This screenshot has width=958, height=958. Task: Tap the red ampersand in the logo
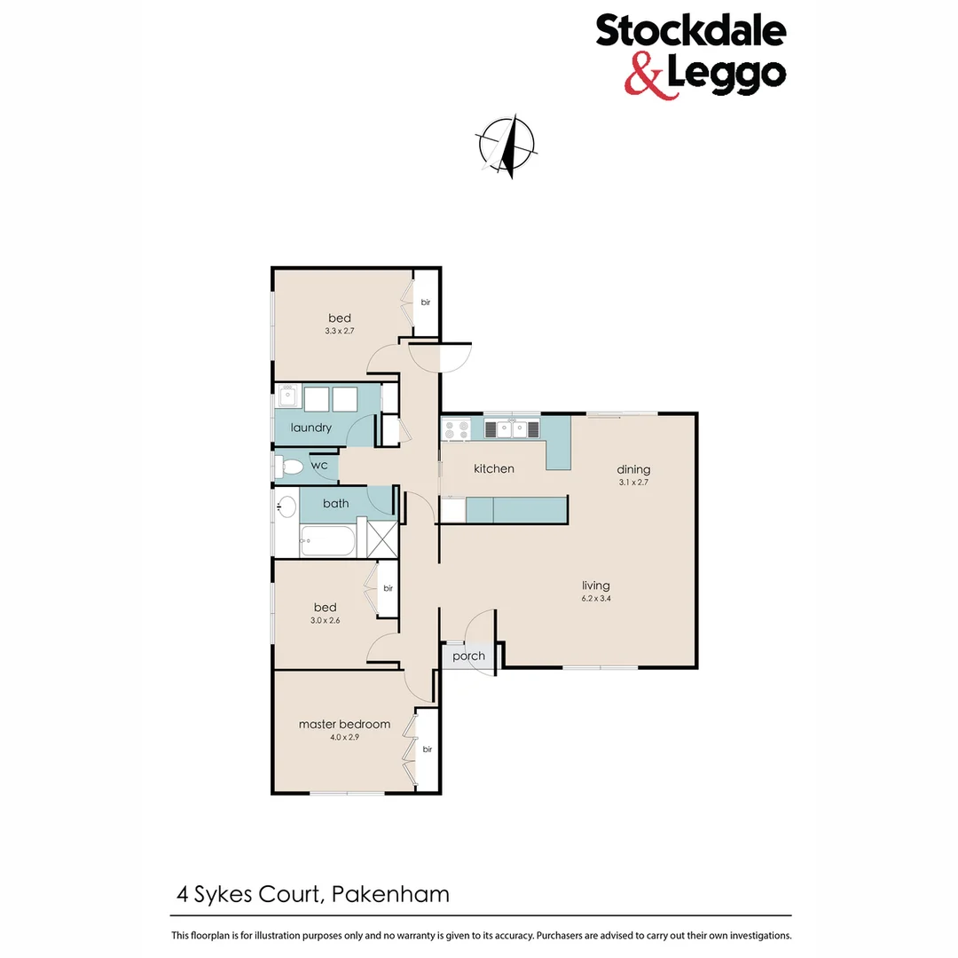pyautogui.click(x=642, y=76)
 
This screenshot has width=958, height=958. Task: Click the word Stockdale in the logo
pyautogui.click(x=690, y=31)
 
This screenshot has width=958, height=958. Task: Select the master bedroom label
pyautogui.click(x=344, y=724)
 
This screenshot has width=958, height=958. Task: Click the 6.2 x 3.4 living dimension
pyautogui.click(x=596, y=598)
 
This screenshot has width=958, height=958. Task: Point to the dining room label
pyautogui.click(x=634, y=469)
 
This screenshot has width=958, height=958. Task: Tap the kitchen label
pyautogui.click(x=494, y=468)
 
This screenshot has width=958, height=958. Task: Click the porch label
pyautogui.click(x=468, y=656)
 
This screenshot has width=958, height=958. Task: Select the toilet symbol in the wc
pyautogui.click(x=288, y=466)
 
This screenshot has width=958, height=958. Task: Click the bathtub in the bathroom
pyautogui.click(x=327, y=540)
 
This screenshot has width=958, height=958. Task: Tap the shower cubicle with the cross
pyautogui.click(x=382, y=539)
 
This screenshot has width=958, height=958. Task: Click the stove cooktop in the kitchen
pyautogui.click(x=456, y=429)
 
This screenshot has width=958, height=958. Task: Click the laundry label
pyautogui.click(x=310, y=428)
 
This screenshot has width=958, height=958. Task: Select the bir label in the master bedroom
pyautogui.click(x=427, y=750)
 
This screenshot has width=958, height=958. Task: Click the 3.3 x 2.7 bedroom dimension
pyautogui.click(x=340, y=331)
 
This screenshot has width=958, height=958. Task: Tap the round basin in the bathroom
pyautogui.click(x=287, y=507)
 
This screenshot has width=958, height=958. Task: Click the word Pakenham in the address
pyautogui.click(x=390, y=893)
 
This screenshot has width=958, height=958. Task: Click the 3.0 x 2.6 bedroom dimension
pyautogui.click(x=325, y=620)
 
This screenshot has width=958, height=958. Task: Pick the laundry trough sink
pyautogui.click(x=288, y=397)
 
